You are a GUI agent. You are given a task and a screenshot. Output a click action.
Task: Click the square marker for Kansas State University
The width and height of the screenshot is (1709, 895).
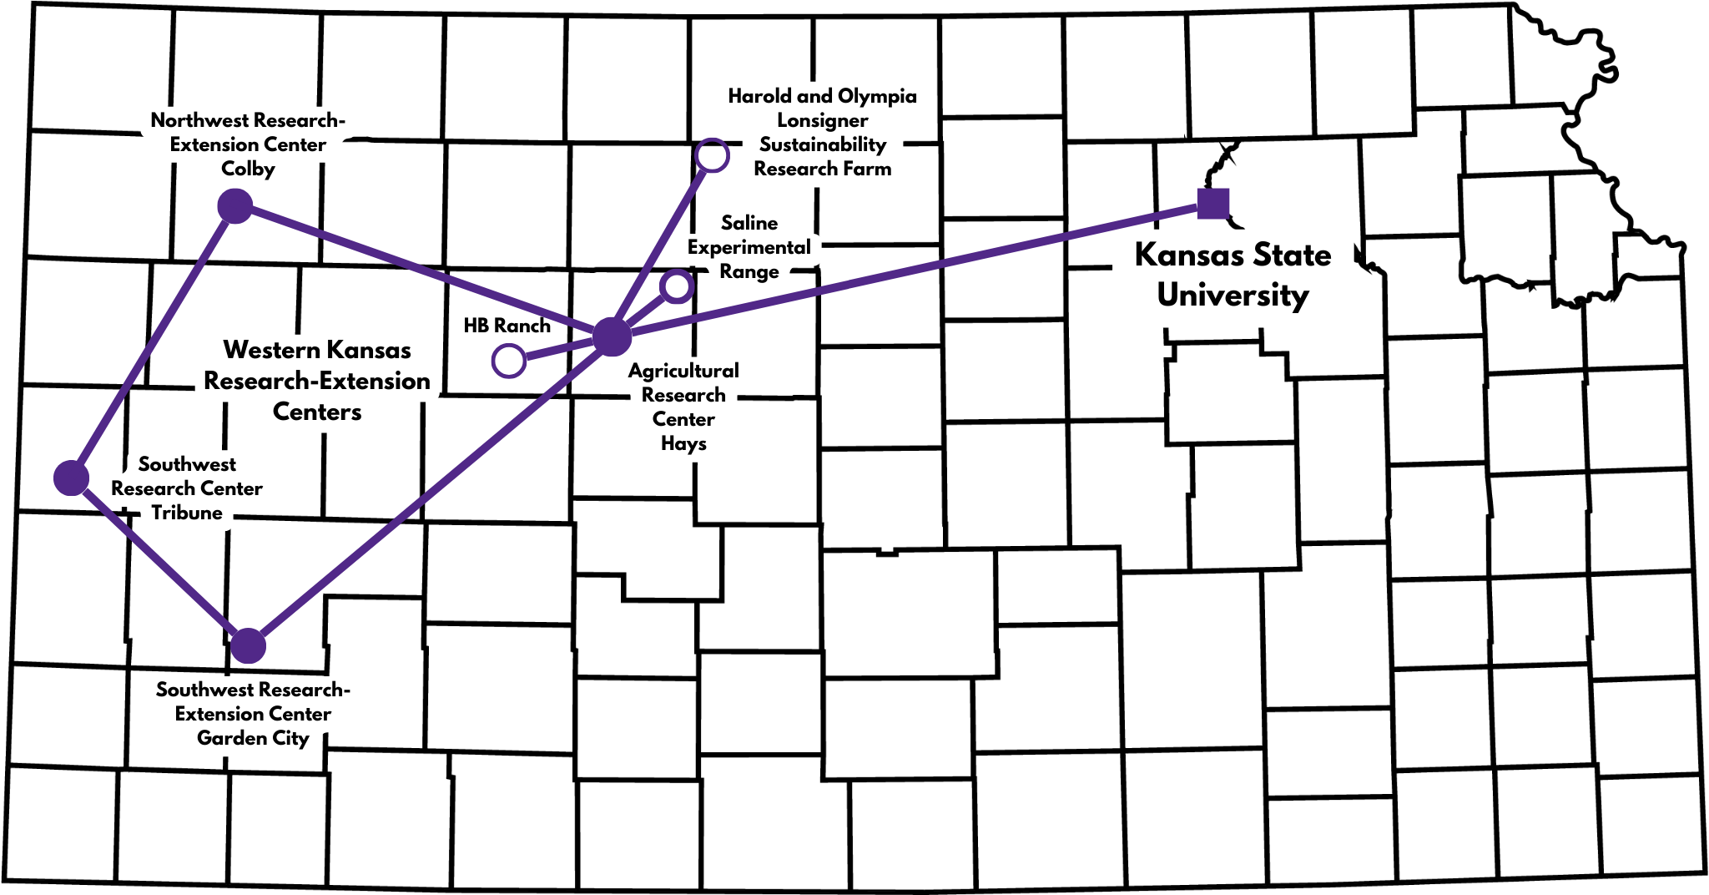(x=1212, y=204)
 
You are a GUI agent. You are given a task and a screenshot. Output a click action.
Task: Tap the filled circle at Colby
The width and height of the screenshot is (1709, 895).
(x=235, y=206)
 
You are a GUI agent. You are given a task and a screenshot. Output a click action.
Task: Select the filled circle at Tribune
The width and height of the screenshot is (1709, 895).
(x=72, y=478)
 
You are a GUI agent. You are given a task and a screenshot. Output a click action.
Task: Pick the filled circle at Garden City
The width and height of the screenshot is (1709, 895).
(x=248, y=645)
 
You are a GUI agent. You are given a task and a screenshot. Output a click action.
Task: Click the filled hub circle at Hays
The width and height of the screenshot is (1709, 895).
(x=613, y=336)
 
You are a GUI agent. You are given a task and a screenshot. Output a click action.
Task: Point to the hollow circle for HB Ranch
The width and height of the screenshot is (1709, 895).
(x=508, y=361)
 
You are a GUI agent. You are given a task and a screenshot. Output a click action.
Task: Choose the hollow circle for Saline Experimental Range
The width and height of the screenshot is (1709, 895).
(x=676, y=286)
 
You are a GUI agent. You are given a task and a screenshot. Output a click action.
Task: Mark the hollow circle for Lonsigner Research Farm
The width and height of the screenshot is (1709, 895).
(x=712, y=155)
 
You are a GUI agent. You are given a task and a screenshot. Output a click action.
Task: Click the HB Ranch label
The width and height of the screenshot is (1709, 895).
(x=507, y=326)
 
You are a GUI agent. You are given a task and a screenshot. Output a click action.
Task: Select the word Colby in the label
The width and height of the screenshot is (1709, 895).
(x=248, y=169)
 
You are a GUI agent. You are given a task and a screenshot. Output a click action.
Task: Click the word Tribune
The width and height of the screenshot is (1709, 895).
(x=187, y=513)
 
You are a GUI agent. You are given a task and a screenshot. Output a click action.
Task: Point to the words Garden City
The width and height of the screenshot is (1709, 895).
(x=253, y=738)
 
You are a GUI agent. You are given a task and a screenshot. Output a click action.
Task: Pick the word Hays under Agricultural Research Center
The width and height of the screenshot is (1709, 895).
(x=683, y=443)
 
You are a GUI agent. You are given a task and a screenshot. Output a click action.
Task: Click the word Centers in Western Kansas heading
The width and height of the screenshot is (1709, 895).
(x=317, y=412)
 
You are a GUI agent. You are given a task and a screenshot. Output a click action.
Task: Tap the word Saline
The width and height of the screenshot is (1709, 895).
(x=749, y=223)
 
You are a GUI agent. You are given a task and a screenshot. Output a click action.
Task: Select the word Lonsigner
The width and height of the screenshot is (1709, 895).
(x=822, y=120)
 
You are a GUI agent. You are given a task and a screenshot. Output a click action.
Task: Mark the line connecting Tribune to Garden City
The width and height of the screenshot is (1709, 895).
(x=159, y=560)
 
